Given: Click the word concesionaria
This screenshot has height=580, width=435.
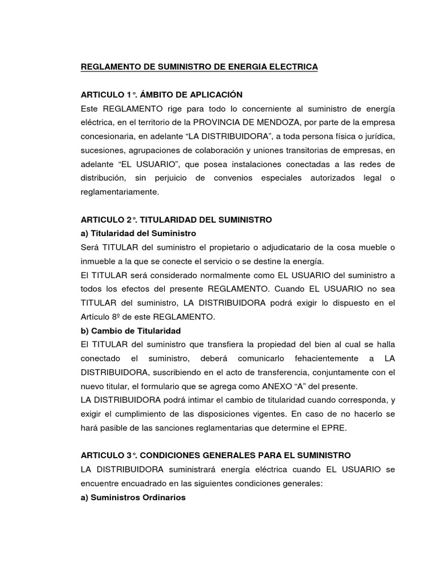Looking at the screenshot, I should coord(109,137).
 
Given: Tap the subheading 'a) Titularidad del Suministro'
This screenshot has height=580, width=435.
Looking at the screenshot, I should coord(138,233).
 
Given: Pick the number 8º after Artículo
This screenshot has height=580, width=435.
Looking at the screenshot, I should coord(122,317).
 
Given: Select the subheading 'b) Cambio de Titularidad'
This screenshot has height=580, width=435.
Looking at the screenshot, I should coord(131,331).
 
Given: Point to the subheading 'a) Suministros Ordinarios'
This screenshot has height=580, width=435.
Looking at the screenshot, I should coord(133,497).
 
